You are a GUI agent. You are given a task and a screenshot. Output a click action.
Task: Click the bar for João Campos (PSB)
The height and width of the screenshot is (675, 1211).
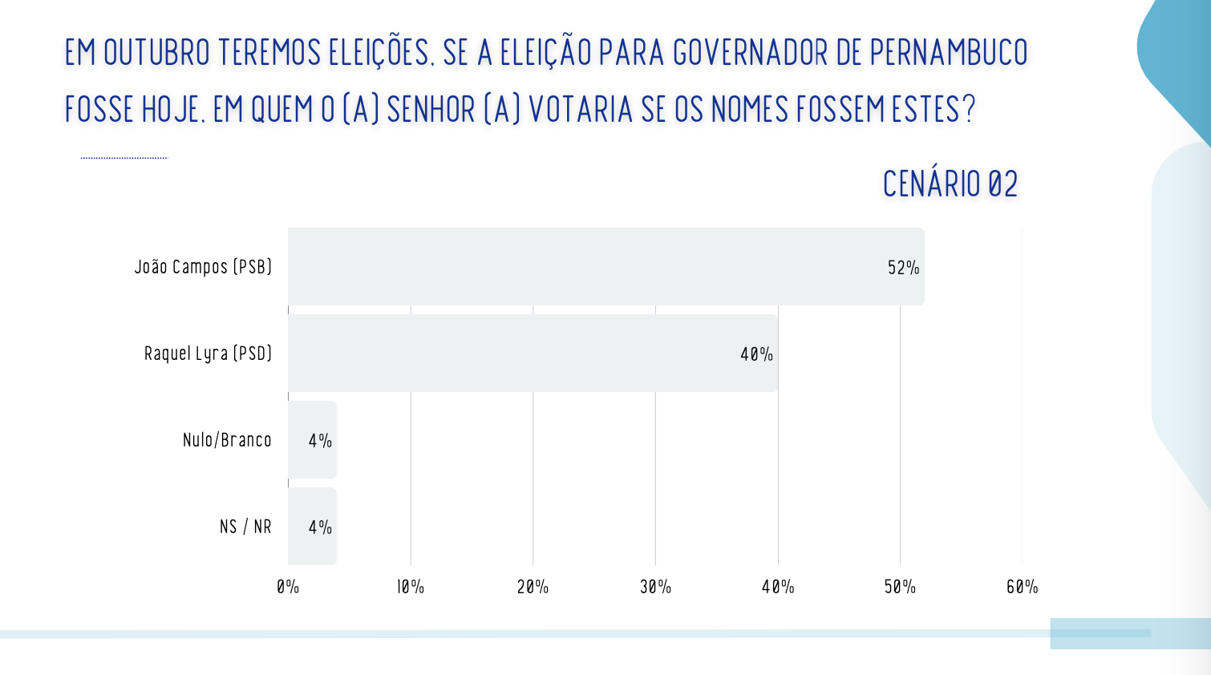click(x=605, y=266)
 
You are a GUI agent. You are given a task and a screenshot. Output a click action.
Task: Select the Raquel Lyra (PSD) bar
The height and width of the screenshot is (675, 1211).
click(x=533, y=353)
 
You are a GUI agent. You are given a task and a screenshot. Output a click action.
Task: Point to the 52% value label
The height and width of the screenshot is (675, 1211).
click(x=903, y=268)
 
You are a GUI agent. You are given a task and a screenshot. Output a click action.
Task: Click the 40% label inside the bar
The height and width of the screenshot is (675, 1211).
click(x=756, y=354)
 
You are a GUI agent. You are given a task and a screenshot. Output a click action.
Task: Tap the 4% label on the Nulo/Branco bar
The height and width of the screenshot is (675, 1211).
click(x=320, y=441)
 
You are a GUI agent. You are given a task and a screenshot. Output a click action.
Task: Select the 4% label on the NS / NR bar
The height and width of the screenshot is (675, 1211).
click(x=320, y=527)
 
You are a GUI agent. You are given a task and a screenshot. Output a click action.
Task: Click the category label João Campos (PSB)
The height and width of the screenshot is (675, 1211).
click(x=203, y=267)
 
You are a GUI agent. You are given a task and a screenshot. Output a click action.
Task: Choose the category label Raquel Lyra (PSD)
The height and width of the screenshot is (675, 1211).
click(x=208, y=354)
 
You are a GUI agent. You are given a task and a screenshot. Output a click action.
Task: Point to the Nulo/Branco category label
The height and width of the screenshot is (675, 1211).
click(x=227, y=440)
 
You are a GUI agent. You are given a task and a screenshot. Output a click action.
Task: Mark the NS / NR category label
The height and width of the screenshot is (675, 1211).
click(x=245, y=527)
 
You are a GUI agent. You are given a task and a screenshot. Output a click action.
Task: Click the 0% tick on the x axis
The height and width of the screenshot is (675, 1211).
click(x=288, y=587)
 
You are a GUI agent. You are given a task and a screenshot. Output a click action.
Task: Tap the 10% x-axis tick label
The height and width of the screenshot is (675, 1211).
click(x=411, y=587)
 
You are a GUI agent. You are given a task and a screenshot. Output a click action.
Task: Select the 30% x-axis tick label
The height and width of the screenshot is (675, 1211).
click(x=655, y=587)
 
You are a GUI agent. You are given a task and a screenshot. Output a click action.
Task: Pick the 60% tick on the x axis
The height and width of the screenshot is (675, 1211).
click(x=1022, y=587)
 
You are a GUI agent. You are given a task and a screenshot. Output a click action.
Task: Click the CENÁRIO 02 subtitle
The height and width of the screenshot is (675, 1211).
click(x=950, y=184)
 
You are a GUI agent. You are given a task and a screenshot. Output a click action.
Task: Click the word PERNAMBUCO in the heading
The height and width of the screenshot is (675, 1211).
click(x=949, y=53)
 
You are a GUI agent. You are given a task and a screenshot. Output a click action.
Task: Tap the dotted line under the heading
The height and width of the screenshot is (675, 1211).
click(x=124, y=158)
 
